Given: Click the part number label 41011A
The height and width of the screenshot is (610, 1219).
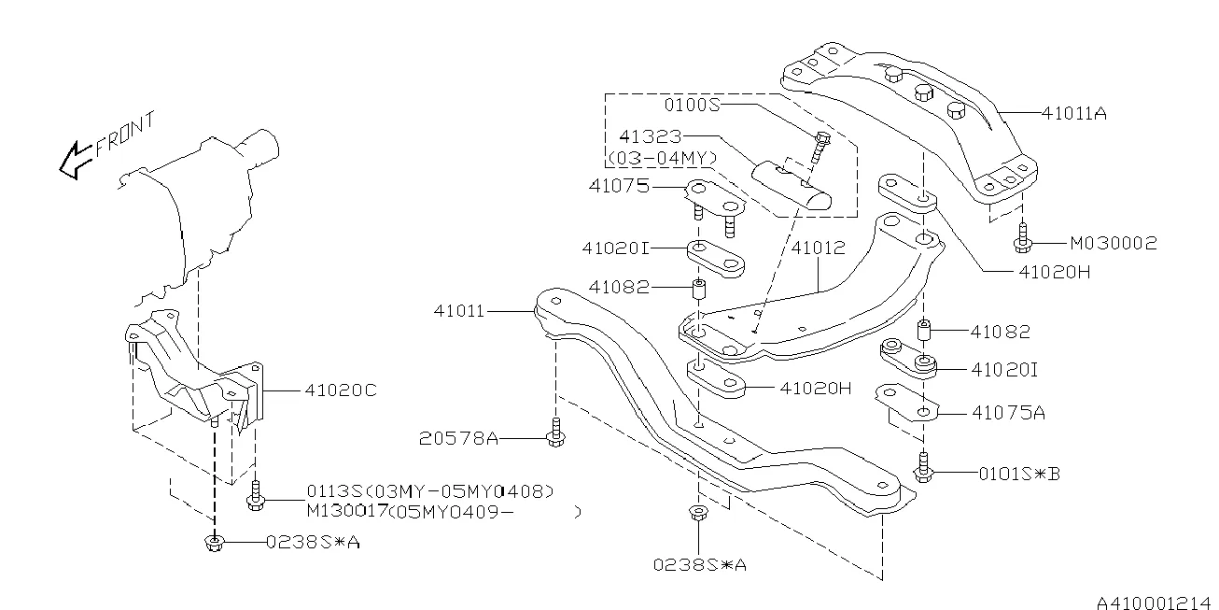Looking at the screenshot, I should tap(1074, 113).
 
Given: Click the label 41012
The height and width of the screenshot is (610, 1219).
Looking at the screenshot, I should tap(818, 248).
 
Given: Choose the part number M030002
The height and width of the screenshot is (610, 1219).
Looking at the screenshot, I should tap(1113, 243).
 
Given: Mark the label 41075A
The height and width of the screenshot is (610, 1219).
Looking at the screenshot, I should tap(1008, 411).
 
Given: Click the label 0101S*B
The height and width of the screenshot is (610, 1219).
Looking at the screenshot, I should tap(1019, 474).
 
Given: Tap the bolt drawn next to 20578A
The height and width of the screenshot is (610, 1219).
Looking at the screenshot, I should tap(557, 434).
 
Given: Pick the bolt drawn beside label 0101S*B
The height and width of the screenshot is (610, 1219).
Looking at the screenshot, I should tap(923, 470).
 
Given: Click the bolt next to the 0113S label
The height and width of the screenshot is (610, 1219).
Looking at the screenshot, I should tap(256, 497).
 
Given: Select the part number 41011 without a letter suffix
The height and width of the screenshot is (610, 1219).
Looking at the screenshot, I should tap(459, 310).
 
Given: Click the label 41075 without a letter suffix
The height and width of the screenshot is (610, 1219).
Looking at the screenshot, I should tap(619, 186).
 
